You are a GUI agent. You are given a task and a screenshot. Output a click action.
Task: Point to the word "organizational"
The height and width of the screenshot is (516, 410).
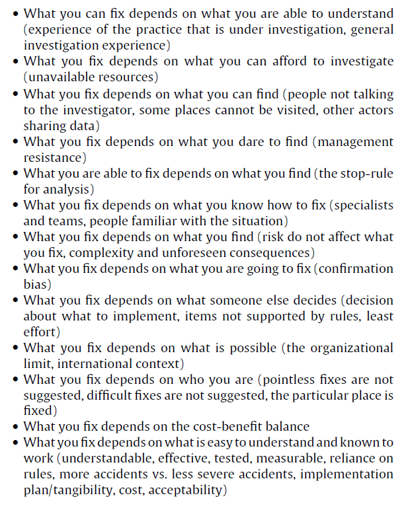pyautogui.click(x=347, y=348)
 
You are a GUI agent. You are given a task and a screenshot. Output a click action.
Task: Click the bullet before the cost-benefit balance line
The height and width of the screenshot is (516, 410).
pyautogui.click(x=15, y=427)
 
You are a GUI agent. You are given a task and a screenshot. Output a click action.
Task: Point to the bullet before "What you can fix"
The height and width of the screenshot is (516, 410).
pyautogui.click(x=15, y=14)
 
